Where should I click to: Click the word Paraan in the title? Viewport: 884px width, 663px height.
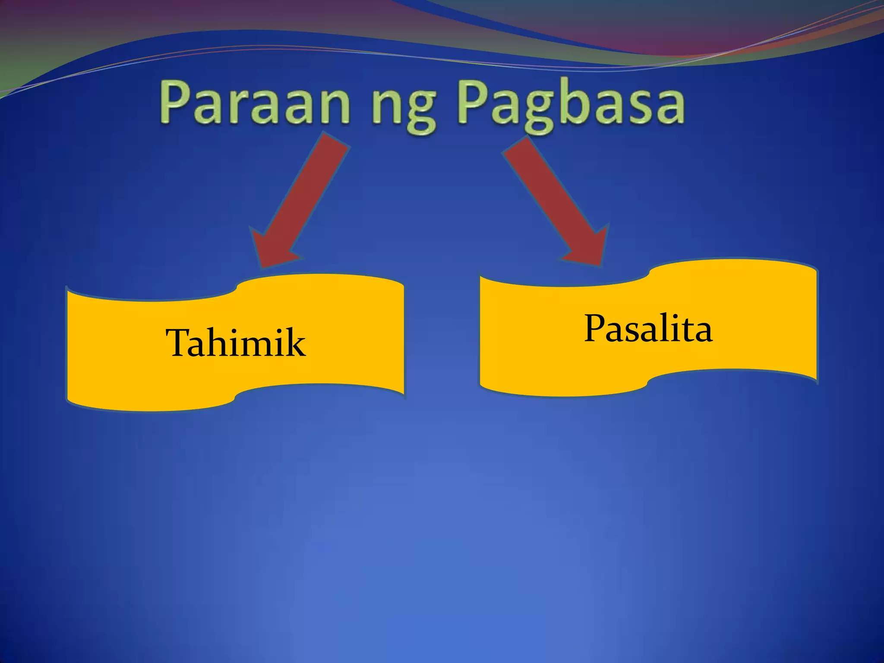point(255,104)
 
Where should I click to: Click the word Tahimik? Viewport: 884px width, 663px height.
point(236,343)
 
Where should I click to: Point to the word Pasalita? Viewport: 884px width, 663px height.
point(648,329)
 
